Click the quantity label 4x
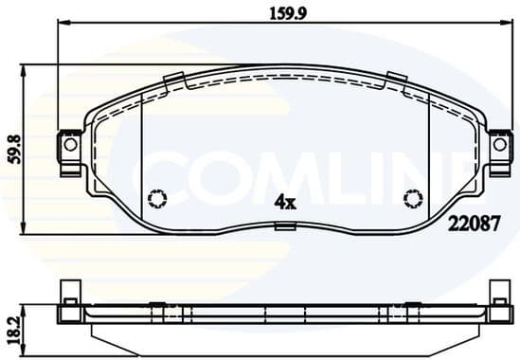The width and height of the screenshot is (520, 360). (x=284, y=201)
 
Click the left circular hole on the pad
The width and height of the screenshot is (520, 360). (x=158, y=198)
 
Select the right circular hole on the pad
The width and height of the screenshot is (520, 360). (x=412, y=198)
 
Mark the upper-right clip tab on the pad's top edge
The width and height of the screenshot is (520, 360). (x=396, y=80)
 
